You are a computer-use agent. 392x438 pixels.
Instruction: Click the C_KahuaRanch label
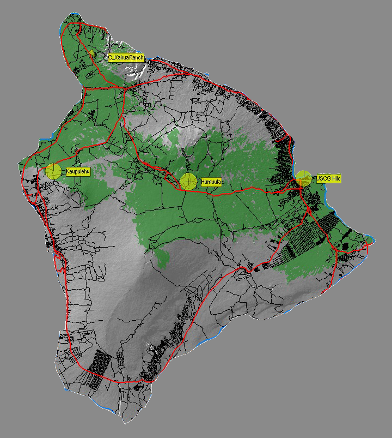126,57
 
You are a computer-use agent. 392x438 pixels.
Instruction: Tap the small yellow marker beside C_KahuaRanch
93,53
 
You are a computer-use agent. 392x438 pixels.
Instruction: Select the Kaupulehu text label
77,171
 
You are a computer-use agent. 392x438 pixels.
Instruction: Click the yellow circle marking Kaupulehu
53,171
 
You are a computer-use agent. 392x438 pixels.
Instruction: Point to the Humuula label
212,182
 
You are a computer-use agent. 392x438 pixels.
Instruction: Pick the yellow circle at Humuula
188,181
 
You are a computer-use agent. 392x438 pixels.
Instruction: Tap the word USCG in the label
322,179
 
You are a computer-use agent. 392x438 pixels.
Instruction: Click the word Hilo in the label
335,179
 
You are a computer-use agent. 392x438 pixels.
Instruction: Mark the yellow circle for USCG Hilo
303,178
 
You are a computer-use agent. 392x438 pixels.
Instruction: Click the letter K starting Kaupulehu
68,171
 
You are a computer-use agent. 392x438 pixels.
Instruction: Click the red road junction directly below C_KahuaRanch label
125,88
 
